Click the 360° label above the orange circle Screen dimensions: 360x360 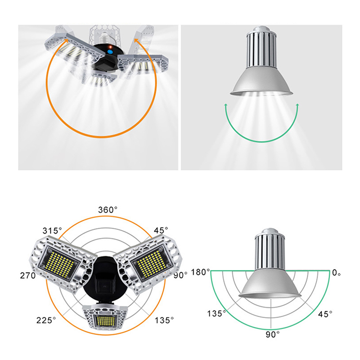[x=108, y=210]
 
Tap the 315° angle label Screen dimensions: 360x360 [x=52, y=230]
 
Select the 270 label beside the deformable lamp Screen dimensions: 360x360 [x=28, y=275]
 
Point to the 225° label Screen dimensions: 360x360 [x=46, y=320]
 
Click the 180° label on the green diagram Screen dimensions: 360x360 [x=200, y=272]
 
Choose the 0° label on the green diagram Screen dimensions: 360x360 [x=336, y=273]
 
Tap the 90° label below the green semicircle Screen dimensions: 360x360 [x=273, y=334]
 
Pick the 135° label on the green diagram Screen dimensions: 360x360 [x=216, y=313]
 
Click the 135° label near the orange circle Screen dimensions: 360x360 [x=164, y=320]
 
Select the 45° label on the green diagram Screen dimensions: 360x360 [x=325, y=314]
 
